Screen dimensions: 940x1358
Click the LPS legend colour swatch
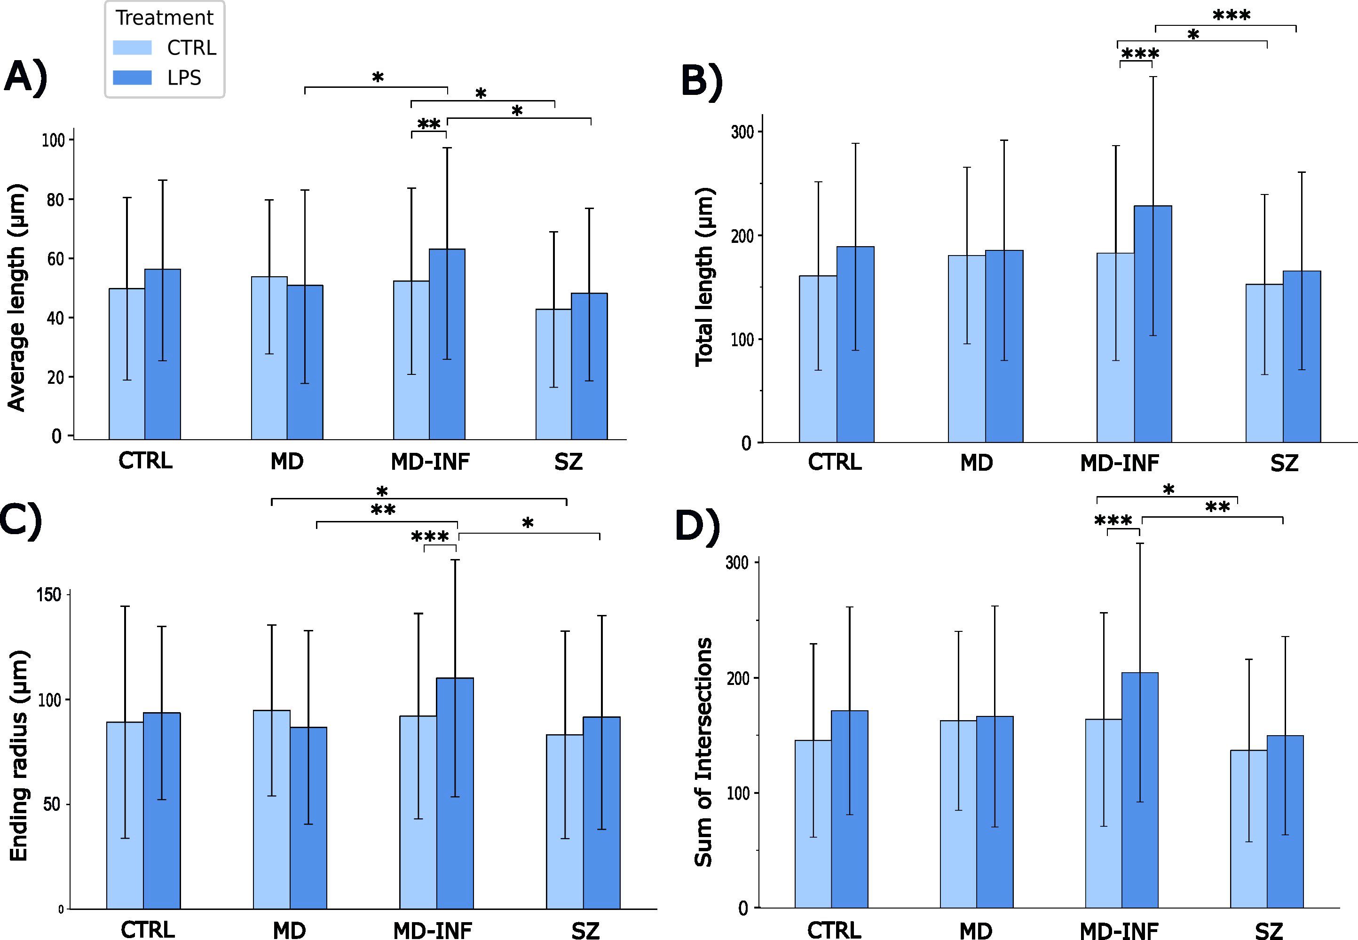pos(132,78)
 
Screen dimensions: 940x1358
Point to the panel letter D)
pos(697,526)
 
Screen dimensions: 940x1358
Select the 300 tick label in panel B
pos(742,132)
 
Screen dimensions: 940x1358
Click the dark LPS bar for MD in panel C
pos(308,819)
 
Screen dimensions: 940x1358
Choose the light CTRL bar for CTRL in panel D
pos(813,824)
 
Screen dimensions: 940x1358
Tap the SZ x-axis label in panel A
pos(568,462)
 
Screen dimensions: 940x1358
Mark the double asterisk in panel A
pos(428,124)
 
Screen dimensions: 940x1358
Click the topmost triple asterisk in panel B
pos(1232,16)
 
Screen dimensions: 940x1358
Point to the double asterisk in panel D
pos(1217,507)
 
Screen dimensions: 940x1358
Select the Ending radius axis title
pos(19,756)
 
